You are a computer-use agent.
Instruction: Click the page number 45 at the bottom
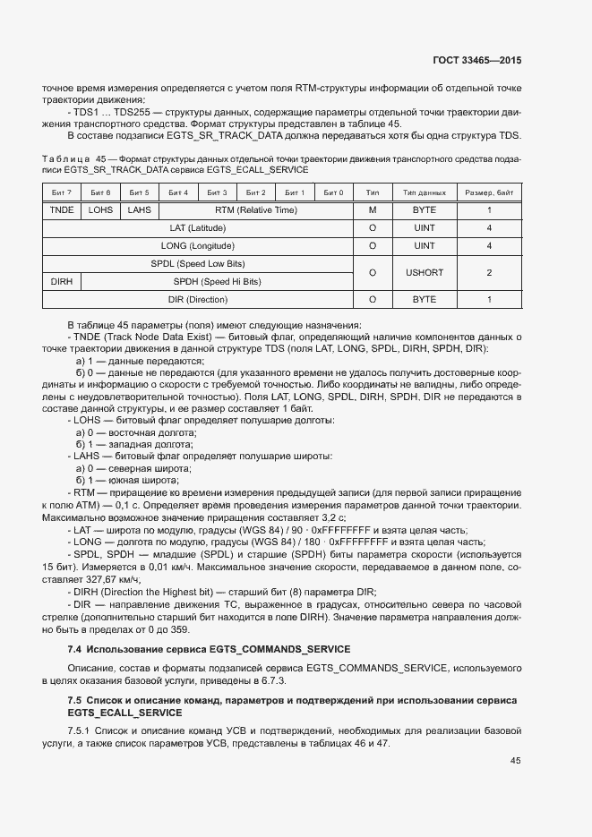coord(515,761)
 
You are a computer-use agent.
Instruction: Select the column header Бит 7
coord(62,192)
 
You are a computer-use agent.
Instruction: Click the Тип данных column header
coord(425,192)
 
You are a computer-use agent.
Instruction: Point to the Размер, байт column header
coord(489,192)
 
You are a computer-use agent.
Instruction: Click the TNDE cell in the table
coord(62,209)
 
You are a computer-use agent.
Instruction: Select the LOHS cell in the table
coord(100,209)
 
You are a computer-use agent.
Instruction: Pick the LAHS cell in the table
coord(139,209)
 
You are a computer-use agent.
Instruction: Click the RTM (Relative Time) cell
coord(255,209)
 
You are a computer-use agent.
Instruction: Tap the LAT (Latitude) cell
coord(198,227)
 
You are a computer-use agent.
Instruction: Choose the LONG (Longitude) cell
coord(198,245)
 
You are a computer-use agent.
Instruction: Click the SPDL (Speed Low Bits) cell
coord(198,263)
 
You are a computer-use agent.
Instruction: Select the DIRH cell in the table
coord(62,281)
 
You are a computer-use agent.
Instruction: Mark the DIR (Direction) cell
coord(198,299)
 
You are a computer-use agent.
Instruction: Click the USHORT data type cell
coord(425,272)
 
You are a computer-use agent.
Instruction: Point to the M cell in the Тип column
coord(373,209)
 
